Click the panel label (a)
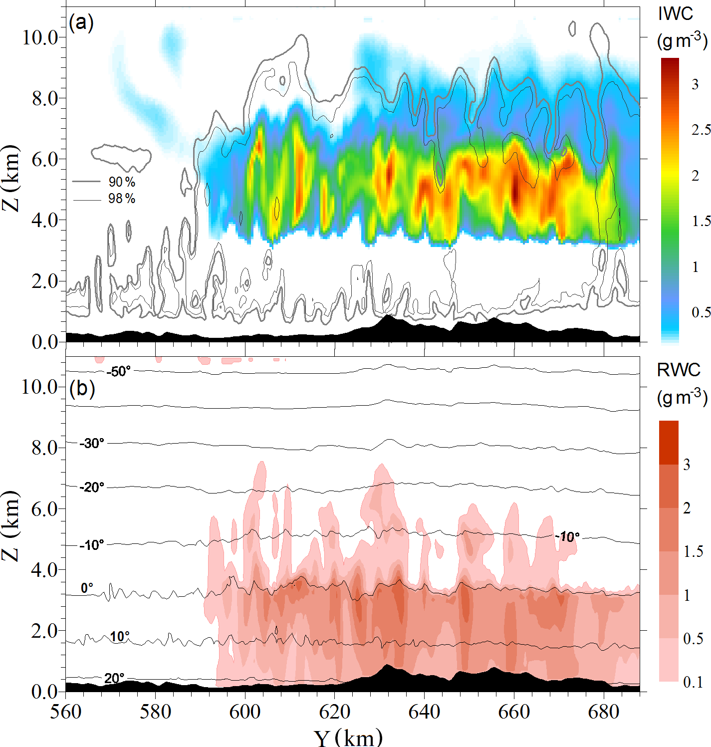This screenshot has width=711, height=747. coord(81,23)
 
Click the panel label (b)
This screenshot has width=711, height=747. coord(82,389)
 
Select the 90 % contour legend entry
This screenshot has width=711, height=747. coord(122,182)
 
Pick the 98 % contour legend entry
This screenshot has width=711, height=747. coord(122,199)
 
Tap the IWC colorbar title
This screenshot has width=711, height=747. coord(676,14)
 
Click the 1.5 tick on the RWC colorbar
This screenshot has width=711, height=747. coord(693,551)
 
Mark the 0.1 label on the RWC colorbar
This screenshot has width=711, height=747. coord(693,682)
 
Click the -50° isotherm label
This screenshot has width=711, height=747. coord(118,372)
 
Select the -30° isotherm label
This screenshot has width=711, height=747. coord(92,443)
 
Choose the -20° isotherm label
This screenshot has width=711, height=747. coord(92,487)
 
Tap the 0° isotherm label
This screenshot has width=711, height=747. coord(87,588)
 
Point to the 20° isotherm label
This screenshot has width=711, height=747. coord(114,678)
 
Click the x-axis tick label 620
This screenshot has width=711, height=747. coord(334,712)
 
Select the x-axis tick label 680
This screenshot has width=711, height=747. coord(604,712)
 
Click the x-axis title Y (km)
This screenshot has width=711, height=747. coord(348,737)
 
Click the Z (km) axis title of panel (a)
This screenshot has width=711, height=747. coord(11,178)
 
